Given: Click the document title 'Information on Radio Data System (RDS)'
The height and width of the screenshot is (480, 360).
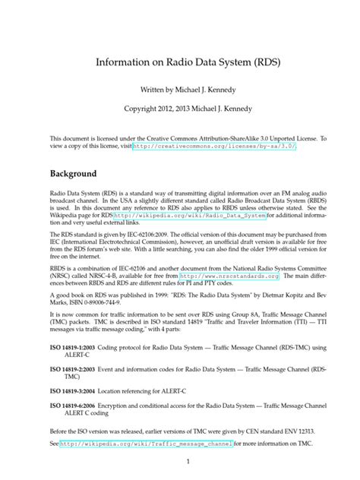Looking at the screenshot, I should [x=180, y=62].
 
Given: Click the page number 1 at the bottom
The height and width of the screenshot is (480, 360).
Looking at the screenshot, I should [x=180, y=461].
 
